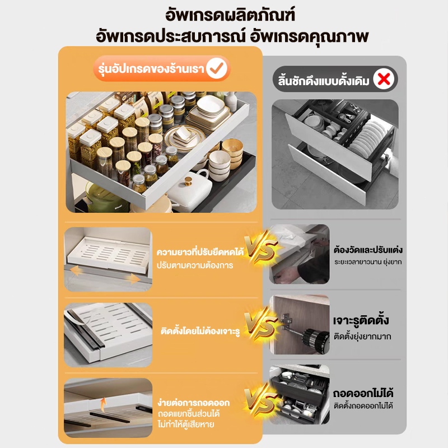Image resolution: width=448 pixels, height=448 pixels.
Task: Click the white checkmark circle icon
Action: click(217, 68)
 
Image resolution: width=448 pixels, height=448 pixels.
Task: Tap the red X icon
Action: click(384, 79)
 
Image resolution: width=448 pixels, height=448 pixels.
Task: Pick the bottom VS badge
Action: click(261, 399)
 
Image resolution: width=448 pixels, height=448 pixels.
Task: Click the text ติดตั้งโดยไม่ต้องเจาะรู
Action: click(200, 331)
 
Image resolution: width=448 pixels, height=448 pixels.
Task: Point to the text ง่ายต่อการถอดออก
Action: click(193, 402)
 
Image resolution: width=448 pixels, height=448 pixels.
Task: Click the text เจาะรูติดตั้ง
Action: click(361, 320)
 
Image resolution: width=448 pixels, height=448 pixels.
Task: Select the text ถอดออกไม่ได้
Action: click(363, 393)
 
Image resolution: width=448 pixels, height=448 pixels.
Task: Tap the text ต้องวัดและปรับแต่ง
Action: click(368, 249)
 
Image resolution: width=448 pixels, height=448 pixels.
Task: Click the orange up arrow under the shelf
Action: click(103, 403)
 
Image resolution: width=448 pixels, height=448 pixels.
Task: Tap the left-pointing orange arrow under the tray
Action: click(77, 270)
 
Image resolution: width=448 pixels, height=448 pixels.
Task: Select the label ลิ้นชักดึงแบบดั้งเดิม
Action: click(324, 81)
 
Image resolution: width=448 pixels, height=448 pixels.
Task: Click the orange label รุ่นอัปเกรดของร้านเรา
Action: click(151, 69)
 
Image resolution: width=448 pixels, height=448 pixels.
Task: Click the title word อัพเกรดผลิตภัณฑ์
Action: click(230, 15)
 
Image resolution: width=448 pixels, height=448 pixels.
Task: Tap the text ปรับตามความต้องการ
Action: click(195, 265)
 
